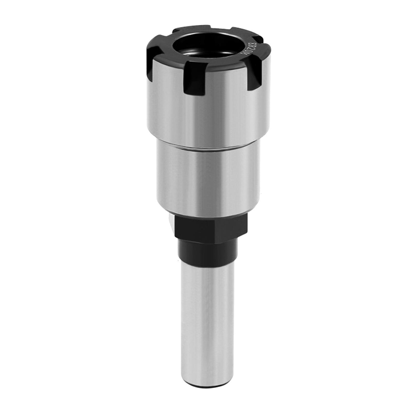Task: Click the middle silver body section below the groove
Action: point(202,181)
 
